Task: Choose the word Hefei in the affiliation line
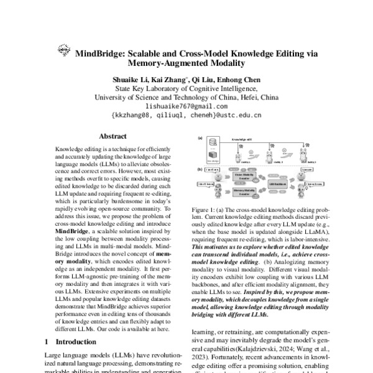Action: tap(246, 98)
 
